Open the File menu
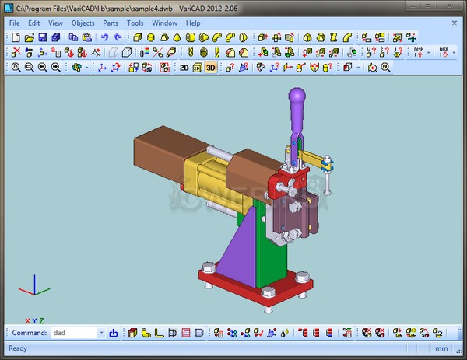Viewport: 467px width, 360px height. tap(15, 23)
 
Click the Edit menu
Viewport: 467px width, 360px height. tap(34, 23)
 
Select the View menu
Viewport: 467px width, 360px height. tap(55, 23)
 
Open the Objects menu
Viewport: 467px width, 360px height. tap(83, 23)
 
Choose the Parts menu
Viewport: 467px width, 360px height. tap(111, 23)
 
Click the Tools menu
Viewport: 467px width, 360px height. tap(135, 23)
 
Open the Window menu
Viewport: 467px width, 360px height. tap(164, 23)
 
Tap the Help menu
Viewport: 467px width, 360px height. tap(193, 23)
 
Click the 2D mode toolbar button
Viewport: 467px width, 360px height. tap(184, 68)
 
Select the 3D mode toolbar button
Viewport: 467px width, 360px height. tap(211, 68)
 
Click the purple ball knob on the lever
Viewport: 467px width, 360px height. tap(297, 100)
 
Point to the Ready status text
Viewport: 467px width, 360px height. tap(18, 348)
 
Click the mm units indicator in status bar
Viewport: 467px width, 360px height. tap(441, 348)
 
